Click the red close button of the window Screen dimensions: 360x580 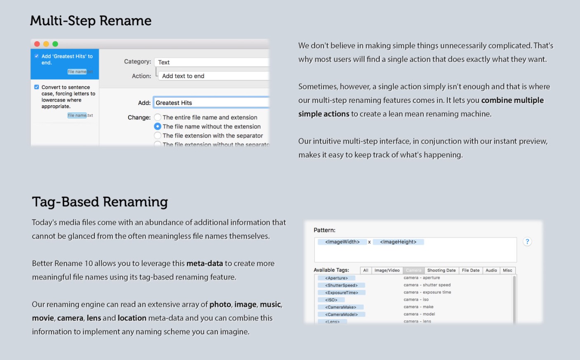tap(37, 44)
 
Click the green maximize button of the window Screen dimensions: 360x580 tap(55, 44)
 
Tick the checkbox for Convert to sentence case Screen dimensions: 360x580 tap(37, 87)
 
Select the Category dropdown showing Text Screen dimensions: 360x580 tap(212, 62)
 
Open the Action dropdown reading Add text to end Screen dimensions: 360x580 tap(214, 76)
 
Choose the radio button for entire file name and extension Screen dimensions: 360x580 tap(158, 117)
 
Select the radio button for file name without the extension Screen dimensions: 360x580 tap(158, 126)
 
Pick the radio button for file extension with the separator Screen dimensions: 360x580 tap(158, 135)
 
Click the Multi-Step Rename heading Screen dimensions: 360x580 tap(91, 21)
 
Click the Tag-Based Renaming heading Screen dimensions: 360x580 tap(100, 202)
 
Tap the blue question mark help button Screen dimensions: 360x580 tap(527, 242)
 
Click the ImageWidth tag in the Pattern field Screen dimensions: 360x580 tap(342, 242)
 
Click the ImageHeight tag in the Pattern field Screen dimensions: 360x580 tap(398, 242)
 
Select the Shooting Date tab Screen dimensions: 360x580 tap(441, 270)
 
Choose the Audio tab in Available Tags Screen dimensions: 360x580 tap(491, 270)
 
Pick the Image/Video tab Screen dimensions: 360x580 tap(387, 270)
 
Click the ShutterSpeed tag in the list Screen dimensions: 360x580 tap(341, 285)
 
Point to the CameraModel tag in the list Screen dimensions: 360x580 tap(341, 314)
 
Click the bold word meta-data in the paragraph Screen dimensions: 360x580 tap(205, 263)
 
